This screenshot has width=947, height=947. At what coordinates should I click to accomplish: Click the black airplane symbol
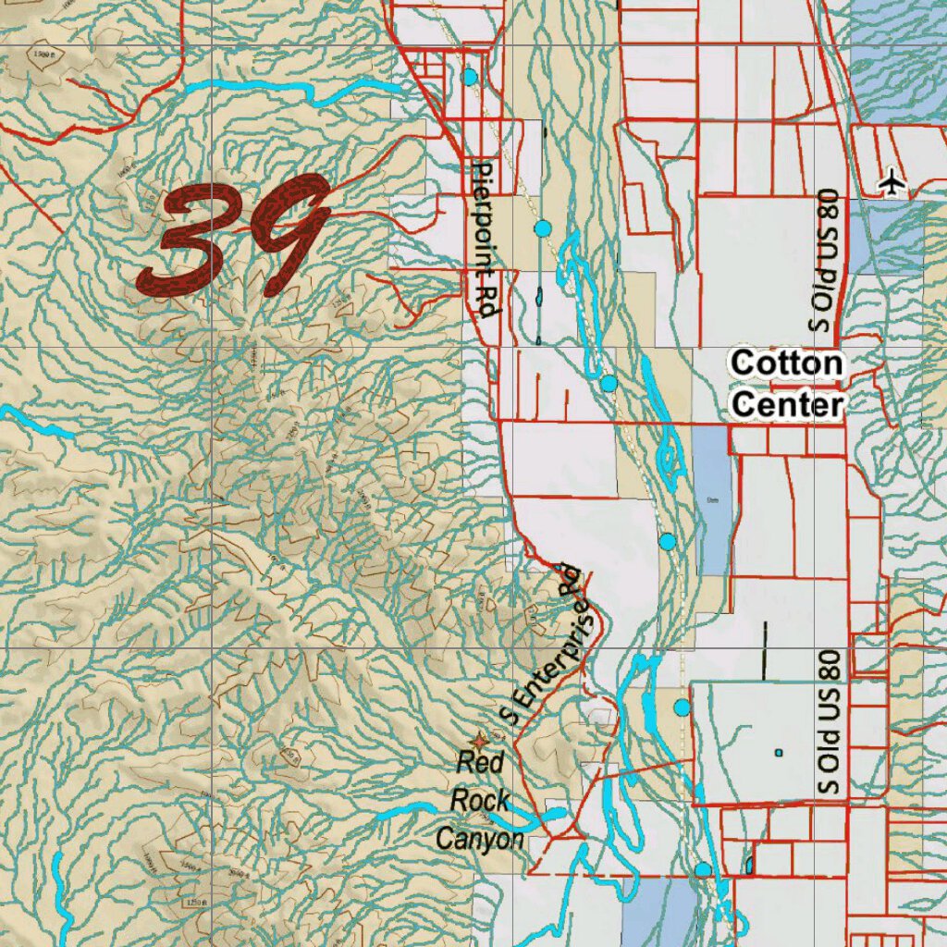click(892, 183)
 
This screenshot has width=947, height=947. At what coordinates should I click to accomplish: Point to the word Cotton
click(786, 363)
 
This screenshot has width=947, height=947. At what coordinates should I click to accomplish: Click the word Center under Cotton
click(786, 405)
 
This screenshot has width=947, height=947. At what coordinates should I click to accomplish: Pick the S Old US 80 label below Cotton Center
click(829, 721)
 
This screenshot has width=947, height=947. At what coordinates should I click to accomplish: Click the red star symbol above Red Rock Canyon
click(479, 740)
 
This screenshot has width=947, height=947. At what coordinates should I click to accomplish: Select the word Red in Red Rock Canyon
click(481, 764)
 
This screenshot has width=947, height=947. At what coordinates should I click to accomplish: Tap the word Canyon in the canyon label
click(480, 839)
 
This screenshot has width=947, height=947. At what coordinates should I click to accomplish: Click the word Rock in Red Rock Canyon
click(480, 800)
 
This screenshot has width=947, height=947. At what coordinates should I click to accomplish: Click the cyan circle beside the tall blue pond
click(668, 541)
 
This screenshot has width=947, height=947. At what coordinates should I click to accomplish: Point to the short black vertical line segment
click(765, 650)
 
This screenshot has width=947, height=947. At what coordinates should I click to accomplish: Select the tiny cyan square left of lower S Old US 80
click(779, 753)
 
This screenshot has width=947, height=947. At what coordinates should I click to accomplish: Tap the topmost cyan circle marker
click(470, 77)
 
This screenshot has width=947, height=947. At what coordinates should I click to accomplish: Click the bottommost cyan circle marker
click(703, 869)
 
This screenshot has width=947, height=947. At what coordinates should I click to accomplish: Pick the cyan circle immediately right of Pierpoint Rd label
click(543, 228)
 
